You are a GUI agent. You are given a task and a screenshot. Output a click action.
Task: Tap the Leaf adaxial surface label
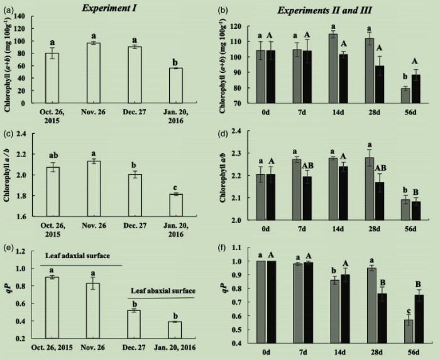(75, 257)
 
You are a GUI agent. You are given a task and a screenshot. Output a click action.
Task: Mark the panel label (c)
(10, 128)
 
